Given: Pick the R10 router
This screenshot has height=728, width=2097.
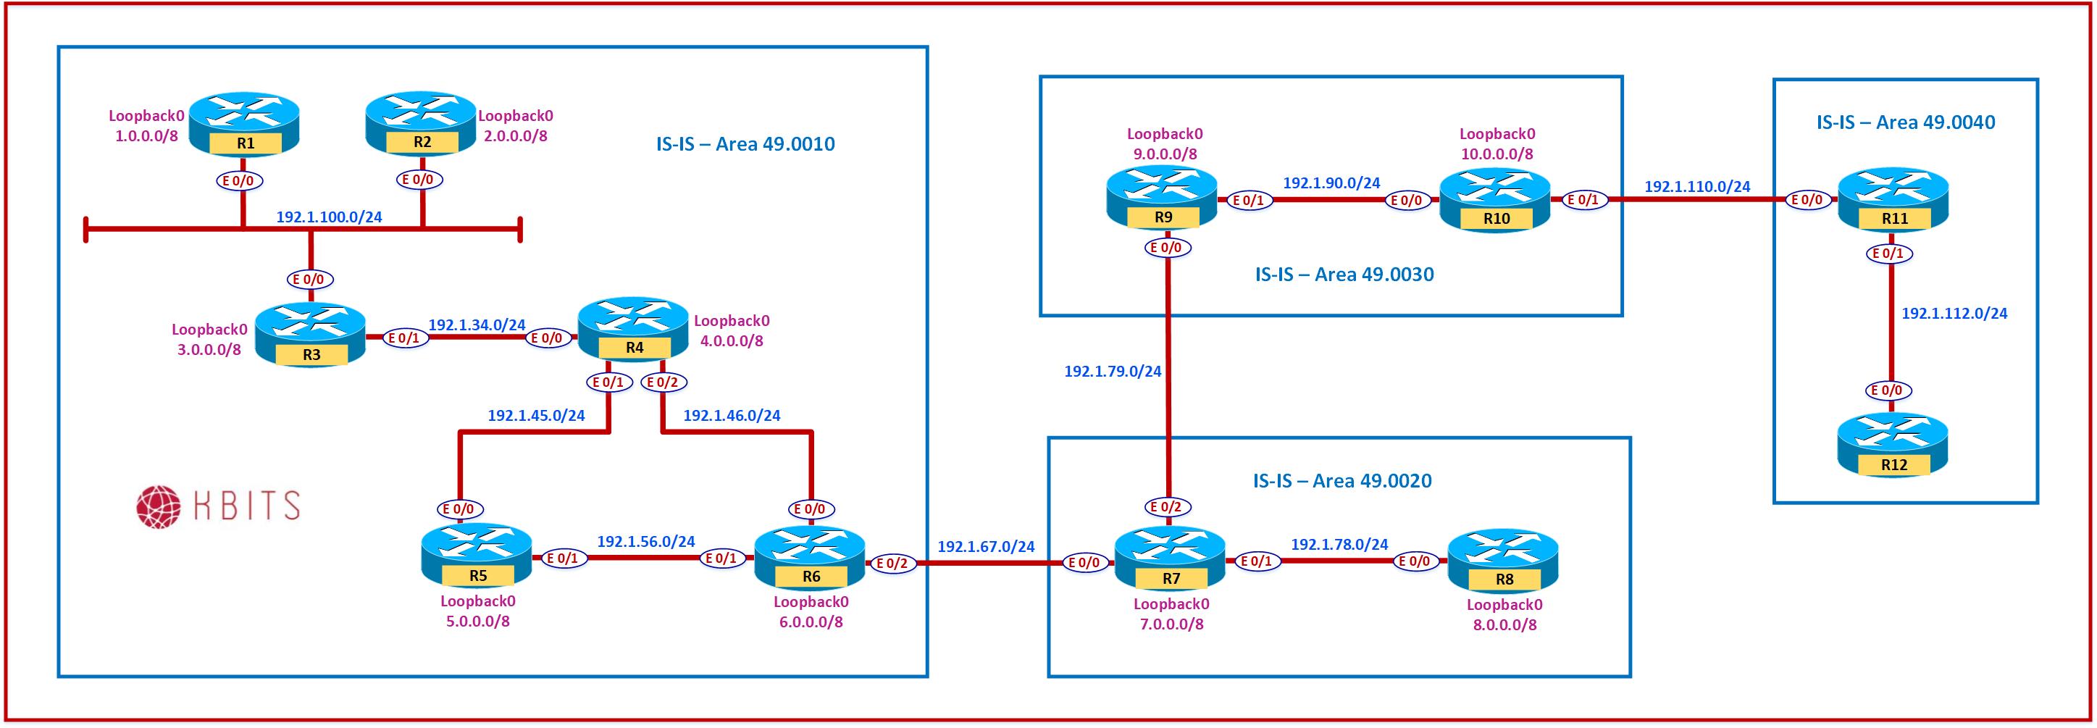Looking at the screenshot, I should tap(1495, 199).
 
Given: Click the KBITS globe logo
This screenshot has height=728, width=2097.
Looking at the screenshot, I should tap(157, 506).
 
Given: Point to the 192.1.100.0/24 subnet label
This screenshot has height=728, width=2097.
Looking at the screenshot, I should tap(329, 217).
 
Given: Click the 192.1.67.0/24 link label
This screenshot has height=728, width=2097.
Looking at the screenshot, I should tap(986, 546).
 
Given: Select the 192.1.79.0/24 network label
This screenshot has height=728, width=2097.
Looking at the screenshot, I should tap(1112, 372).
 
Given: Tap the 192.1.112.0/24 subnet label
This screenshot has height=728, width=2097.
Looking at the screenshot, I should tap(1954, 313).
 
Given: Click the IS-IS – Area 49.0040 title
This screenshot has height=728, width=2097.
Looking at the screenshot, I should tap(1906, 122).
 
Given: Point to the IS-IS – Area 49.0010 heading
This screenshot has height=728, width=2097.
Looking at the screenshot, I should tap(745, 144).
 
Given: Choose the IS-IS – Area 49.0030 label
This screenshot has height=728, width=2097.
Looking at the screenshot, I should tap(1344, 275).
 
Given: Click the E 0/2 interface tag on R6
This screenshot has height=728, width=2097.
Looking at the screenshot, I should tap(893, 564).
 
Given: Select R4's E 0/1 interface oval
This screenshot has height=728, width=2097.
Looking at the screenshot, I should tap(608, 382).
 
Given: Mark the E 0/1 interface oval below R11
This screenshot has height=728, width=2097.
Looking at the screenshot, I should tap(1888, 254).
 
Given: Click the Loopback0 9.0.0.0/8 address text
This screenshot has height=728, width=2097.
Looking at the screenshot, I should tap(1164, 143).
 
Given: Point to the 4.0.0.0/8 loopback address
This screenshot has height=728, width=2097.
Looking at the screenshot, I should tap(732, 341).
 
